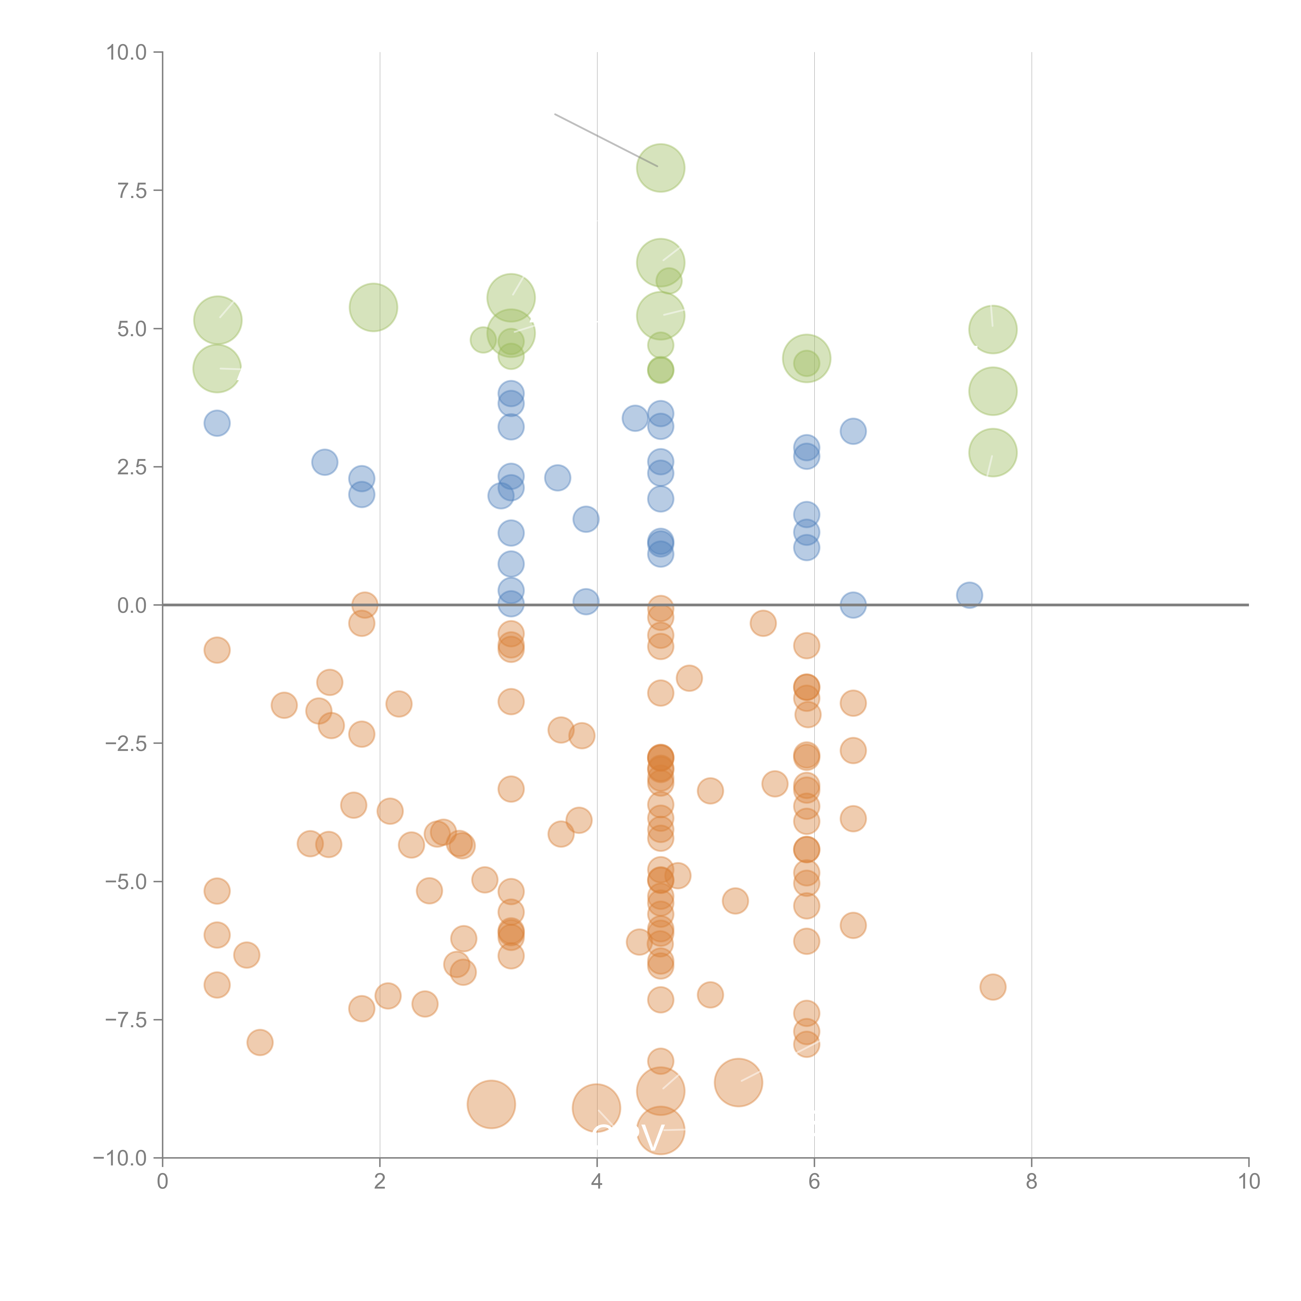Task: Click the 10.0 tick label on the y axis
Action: [x=127, y=53]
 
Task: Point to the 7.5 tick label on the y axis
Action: [x=132, y=190]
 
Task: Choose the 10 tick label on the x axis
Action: [x=1248, y=1182]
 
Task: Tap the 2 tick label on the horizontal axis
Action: [x=380, y=1182]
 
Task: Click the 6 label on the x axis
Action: [x=814, y=1182]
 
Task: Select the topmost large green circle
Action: [x=661, y=168]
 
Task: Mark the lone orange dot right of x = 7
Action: [x=993, y=987]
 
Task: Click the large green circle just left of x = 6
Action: [x=806, y=358]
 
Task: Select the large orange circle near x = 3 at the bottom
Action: [x=491, y=1104]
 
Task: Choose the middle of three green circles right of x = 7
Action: [x=993, y=391]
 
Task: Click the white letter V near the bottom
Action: [x=652, y=1138]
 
